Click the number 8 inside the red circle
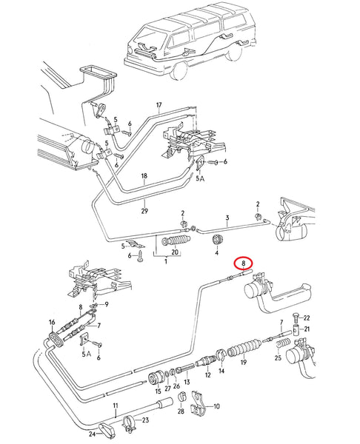point(244,263)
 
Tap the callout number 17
point(159,105)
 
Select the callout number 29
point(144,211)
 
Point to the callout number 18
point(144,176)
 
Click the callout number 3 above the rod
point(227,218)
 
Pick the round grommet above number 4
point(218,240)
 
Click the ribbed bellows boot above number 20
point(176,240)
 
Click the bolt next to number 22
point(296,318)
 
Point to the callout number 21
point(307,329)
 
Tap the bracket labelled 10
point(199,406)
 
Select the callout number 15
point(158,391)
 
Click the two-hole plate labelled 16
point(56,338)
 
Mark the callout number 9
point(107,304)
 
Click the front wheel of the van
point(178,70)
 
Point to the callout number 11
point(116,406)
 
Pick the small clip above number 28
point(181,397)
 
